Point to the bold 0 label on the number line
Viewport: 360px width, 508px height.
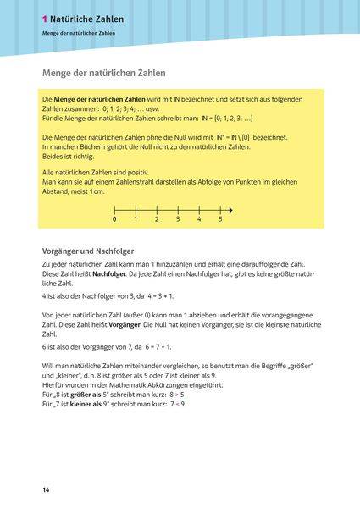click(114, 220)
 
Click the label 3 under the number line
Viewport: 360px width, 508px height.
click(178, 220)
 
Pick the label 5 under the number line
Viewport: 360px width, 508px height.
click(220, 220)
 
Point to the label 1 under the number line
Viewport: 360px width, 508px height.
click(136, 220)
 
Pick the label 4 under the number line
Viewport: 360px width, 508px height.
click(199, 220)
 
